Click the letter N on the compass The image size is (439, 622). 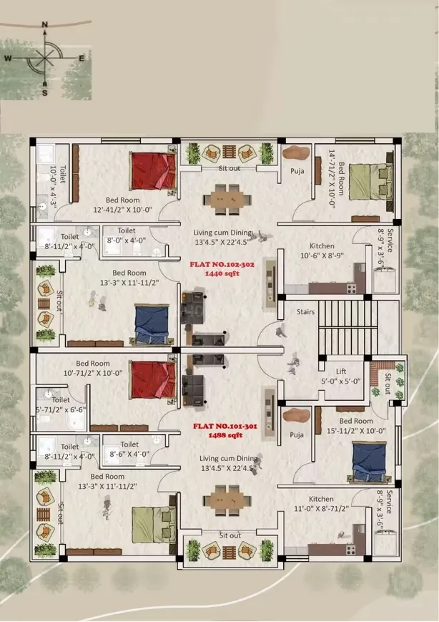[44, 24]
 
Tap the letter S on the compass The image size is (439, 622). [45, 93]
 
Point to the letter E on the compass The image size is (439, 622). [82, 58]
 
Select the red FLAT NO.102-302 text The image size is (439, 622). [222, 265]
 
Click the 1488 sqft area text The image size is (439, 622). [225, 435]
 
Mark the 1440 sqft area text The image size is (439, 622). [222, 273]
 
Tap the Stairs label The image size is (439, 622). [305, 312]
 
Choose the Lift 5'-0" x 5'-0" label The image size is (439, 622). [341, 376]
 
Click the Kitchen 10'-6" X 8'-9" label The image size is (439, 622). [322, 251]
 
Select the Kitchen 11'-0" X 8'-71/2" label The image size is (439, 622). [321, 504]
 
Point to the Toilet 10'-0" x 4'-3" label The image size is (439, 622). [57, 187]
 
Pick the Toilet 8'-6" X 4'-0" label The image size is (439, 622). [129, 449]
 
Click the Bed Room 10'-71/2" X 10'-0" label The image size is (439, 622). [93, 368]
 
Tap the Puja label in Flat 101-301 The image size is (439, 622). [297, 434]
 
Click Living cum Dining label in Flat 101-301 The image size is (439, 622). [229, 463]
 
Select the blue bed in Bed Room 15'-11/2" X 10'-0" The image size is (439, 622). [368, 462]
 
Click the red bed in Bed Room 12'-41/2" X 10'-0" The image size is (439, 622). [153, 171]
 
